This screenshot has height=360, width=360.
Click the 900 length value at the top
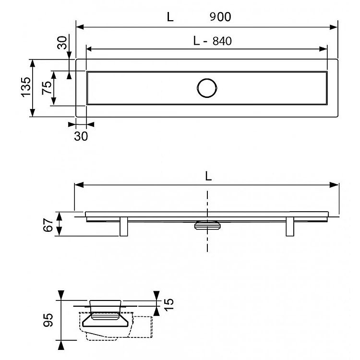coord(220,17)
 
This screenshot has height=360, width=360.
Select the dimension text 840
coord(222,41)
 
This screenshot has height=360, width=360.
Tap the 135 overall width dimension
coord(26,87)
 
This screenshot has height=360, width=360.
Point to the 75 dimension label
coord(47,88)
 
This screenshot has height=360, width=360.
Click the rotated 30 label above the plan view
coord(62,43)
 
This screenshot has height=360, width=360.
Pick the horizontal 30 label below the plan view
coord(81,136)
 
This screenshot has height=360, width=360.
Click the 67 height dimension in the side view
coord(48,225)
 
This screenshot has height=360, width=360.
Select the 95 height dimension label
coord(48,320)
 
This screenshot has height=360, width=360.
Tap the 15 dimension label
coord(169,305)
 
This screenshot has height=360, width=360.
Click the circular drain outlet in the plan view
coord(207,88)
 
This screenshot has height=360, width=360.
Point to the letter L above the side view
coord(208,176)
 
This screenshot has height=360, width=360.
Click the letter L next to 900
coord(170,17)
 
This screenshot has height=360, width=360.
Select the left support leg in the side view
coord(124,227)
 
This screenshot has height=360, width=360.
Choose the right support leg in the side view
coord(290,227)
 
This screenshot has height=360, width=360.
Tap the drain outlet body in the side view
coord(207,225)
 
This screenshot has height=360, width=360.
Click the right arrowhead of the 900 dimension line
coord(334,27)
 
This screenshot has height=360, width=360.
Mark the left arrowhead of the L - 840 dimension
coord(90,49)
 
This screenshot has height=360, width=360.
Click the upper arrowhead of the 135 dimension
coord(33,63)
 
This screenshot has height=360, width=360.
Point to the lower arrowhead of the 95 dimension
coord(61,345)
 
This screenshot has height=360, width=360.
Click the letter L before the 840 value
coord(196,41)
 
